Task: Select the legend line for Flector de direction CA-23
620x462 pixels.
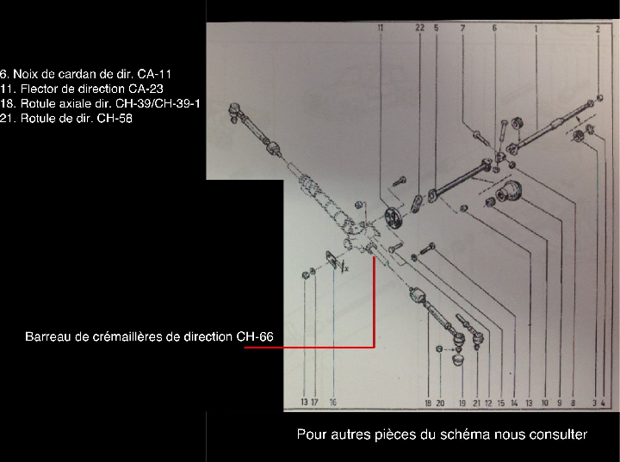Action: click(x=83, y=89)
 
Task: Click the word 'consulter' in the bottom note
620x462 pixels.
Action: click(x=560, y=434)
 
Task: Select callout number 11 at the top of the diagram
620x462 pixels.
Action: click(x=380, y=28)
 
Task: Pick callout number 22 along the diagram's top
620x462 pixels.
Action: click(x=419, y=28)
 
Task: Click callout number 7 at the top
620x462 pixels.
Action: click(x=462, y=28)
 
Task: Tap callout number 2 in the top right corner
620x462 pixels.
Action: click(x=598, y=28)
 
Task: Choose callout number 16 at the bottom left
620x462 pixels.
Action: click(x=332, y=402)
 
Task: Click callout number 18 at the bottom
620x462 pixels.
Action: click(x=427, y=402)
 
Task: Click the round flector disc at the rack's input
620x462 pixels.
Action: click(x=390, y=215)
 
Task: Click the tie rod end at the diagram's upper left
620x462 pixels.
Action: click(x=237, y=110)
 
